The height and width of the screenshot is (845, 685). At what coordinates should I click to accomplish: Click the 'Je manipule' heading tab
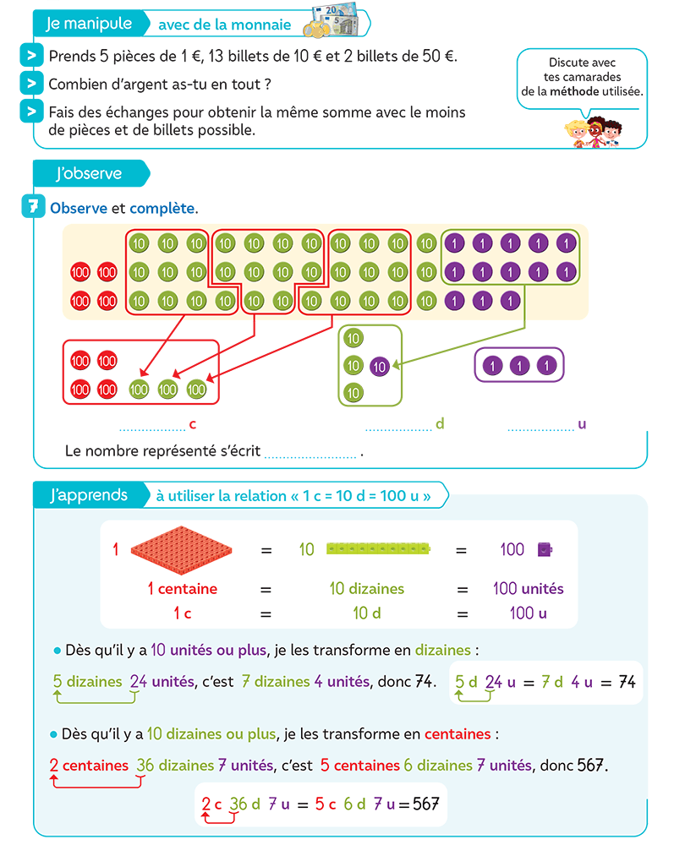point(88,24)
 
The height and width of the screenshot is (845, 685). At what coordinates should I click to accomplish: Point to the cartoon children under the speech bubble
point(592,130)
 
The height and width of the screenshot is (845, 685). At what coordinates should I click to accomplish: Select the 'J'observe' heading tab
point(88,174)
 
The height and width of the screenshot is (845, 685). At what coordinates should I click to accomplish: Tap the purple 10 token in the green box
point(380,367)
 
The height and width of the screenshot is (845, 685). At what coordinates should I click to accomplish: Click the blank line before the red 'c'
point(151,428)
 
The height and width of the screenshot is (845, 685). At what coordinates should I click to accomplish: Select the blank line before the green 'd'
point(398,428)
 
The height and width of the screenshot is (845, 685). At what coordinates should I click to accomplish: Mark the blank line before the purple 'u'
point(540,428)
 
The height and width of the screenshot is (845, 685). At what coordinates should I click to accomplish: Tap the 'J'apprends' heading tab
point(88,495)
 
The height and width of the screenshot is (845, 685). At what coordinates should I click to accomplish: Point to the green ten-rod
point(379,549)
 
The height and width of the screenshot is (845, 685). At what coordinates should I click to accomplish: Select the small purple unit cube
point(545,549)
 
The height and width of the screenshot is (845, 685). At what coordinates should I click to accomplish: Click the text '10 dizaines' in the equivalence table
point(367,589)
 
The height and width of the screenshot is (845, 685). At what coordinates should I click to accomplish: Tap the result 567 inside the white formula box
point(427,804)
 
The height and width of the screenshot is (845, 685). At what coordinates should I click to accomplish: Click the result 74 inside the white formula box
point(627,682)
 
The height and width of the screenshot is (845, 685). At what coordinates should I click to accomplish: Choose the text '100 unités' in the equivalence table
point(529,589)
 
